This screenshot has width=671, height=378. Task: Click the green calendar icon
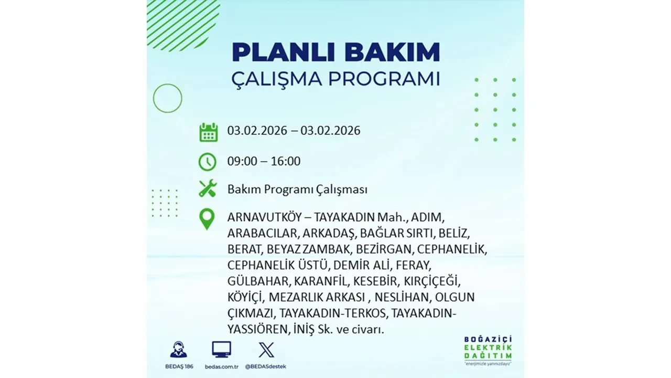pos(208,132)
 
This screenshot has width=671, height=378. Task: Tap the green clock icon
pos(208,162)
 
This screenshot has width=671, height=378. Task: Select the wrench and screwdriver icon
pos(208,189)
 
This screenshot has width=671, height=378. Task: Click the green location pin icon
pos(208,219)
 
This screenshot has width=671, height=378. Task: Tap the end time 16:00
pos(286,161)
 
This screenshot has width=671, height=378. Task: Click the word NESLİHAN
pos(403,297)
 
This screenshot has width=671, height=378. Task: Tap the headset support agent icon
pos(178,350)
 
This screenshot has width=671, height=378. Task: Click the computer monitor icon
pos(221,350)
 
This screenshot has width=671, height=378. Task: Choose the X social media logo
pos(266,350)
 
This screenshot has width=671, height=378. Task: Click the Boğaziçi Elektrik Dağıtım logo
pos(488,349)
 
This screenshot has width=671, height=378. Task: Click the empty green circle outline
pos(168,98)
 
